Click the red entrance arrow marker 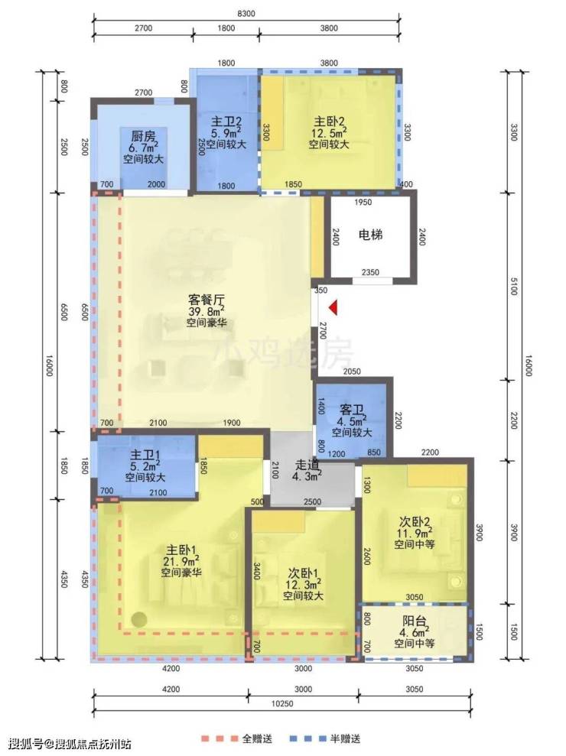333,307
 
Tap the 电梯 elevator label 371,235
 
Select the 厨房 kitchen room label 143,136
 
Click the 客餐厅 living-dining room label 207,298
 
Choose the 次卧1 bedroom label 303,573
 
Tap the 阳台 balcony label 415,621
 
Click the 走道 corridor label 307,466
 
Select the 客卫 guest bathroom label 352,410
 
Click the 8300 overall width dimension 246,14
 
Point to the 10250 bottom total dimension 282,703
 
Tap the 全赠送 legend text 257,738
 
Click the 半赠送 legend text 346,738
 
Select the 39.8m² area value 207,311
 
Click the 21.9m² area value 181,562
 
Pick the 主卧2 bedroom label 329,121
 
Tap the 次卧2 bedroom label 415,521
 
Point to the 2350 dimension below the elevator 370,272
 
